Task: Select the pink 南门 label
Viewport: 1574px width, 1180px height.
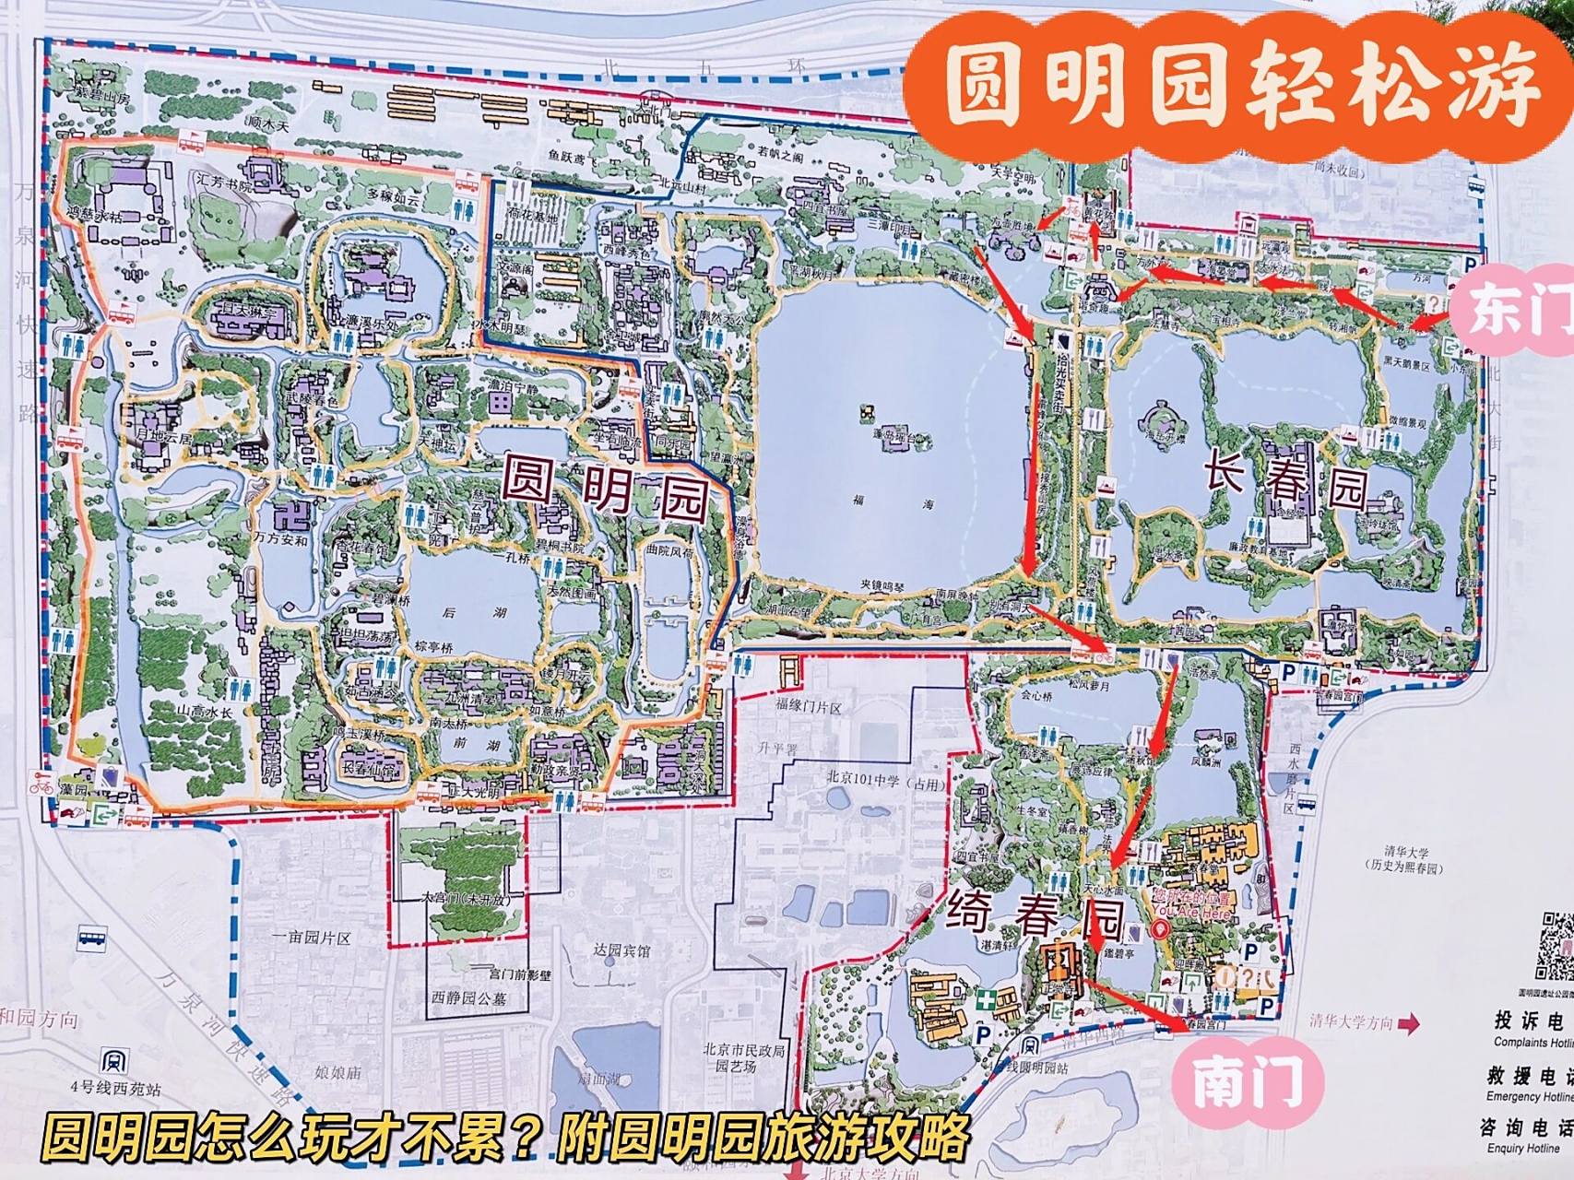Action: point(1247,1080)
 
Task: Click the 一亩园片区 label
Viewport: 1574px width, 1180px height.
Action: point(312,938)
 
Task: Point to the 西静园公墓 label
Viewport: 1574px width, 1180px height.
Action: point(468,997)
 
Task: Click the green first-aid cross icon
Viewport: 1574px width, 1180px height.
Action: point(988,998)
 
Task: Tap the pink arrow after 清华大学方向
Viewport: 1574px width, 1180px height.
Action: point(1408,1022)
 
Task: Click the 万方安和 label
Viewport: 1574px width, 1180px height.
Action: point(280,540)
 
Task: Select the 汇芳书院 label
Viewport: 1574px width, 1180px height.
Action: point(224,185)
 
